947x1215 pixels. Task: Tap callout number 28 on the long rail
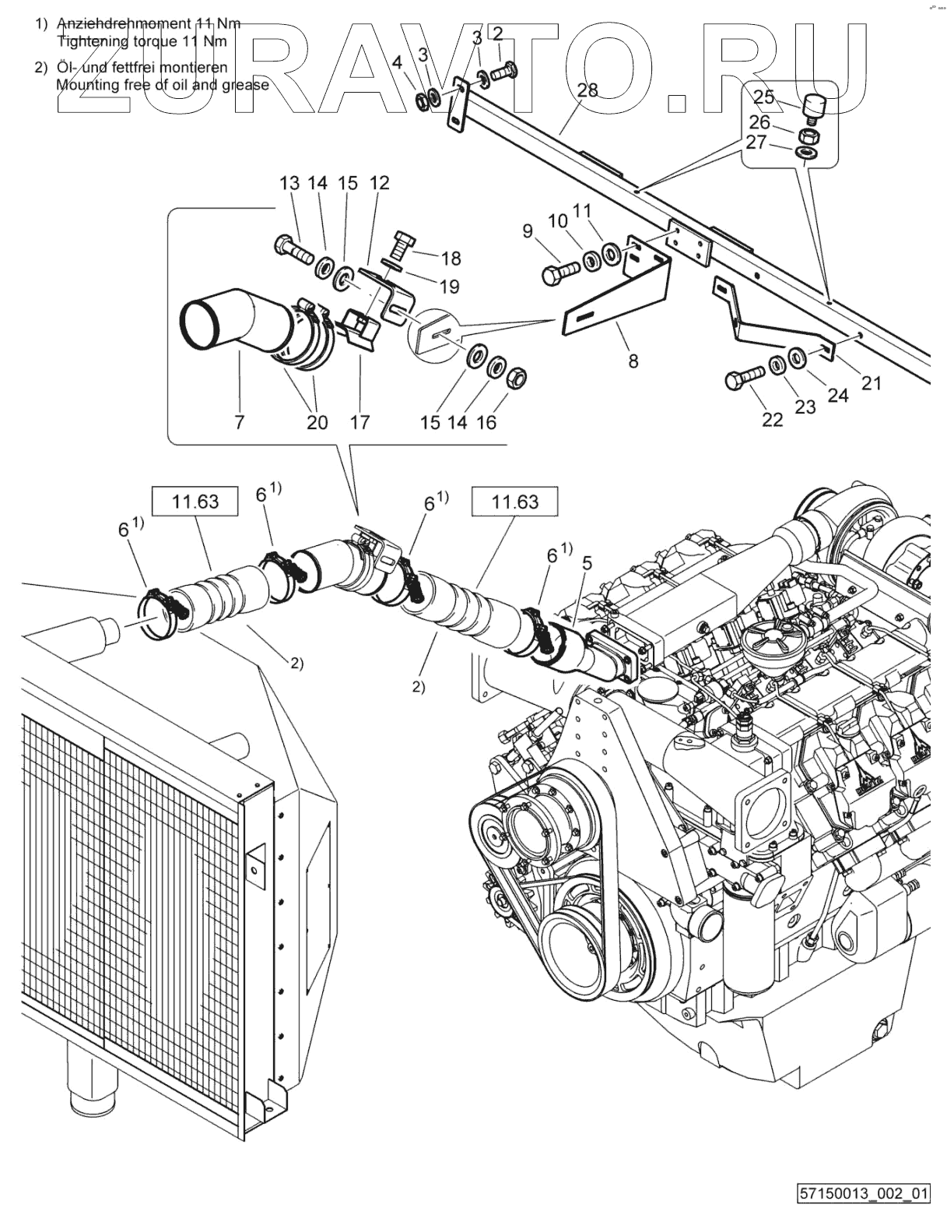coord(587,90)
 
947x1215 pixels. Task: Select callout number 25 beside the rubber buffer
coord(764,97)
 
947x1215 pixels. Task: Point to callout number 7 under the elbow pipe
coord(239,421)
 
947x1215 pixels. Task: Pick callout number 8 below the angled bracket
coord(633,361)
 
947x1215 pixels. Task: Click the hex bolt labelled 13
coord(293,250)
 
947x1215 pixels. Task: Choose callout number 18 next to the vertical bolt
coord(451,259)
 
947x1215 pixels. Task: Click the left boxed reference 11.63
coord(195,502)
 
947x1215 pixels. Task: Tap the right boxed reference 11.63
coord(515,502)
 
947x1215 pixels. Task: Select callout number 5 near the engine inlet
coord(587,563)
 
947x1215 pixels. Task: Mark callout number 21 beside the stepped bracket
coord(872,383)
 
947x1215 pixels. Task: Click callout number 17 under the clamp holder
coord(360,421)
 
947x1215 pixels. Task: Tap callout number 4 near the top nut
coord(397,62)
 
